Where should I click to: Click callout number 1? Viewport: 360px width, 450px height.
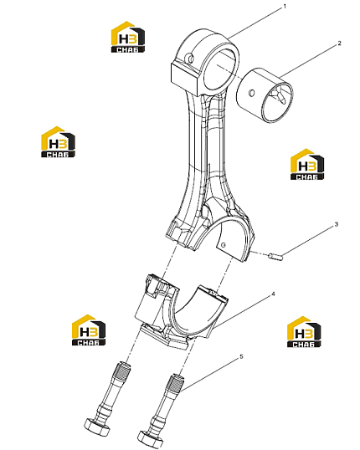coord(285,7)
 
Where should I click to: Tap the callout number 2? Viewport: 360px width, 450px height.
coord(339,43)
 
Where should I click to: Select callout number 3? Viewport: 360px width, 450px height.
coord(337,224)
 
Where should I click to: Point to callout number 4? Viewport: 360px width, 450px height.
coord(273,294)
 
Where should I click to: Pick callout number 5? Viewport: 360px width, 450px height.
coord(241,356)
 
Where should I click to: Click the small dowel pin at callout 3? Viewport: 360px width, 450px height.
coord(275,256)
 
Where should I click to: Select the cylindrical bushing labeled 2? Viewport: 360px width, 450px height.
coord(265,95)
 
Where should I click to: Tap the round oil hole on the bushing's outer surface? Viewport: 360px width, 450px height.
coord(252,92)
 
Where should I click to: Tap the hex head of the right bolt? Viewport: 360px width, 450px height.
coord(150,438)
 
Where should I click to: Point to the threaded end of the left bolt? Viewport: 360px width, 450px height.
coord(122,371)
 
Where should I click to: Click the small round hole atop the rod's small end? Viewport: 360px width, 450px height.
coord(190,58)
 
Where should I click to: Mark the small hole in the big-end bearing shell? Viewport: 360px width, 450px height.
coord(224,244)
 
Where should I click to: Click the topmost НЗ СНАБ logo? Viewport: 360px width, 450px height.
coord(128,37)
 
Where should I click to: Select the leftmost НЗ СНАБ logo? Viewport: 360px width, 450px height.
coord(58,141)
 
